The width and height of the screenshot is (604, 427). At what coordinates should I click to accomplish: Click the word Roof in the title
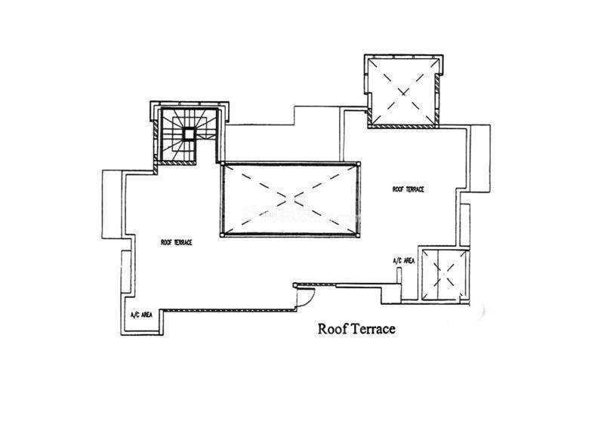[329, 329]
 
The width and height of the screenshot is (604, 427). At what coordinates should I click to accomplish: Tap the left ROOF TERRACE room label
[177, 243]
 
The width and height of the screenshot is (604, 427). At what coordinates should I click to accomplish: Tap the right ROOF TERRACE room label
[408, 189]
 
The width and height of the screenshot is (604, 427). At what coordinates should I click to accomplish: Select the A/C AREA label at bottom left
[141, 315]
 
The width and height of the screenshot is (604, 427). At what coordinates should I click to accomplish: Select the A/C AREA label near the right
[404, 261]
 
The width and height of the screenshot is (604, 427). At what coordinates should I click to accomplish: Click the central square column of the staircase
[189, 134]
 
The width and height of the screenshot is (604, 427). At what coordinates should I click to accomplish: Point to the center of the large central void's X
[290, 199]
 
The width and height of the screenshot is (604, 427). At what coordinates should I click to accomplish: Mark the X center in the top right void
[402, 92]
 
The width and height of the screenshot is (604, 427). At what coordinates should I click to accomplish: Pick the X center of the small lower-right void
[444, 274]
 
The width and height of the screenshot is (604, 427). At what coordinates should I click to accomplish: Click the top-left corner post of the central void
[222, 164]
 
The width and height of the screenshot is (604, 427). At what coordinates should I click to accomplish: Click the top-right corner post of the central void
[359, 164]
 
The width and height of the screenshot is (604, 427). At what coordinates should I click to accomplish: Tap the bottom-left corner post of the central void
[222, 235]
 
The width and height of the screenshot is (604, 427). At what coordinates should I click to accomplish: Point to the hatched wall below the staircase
[176, 163]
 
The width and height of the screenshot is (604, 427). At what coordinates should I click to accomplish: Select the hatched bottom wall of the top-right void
[403, 125]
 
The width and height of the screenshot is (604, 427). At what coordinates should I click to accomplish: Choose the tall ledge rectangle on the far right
[480, 158]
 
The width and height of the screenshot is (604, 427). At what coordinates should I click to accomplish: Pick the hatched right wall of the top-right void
[437, 97]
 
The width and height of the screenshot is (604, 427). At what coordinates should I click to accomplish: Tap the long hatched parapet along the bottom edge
[227, 309]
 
